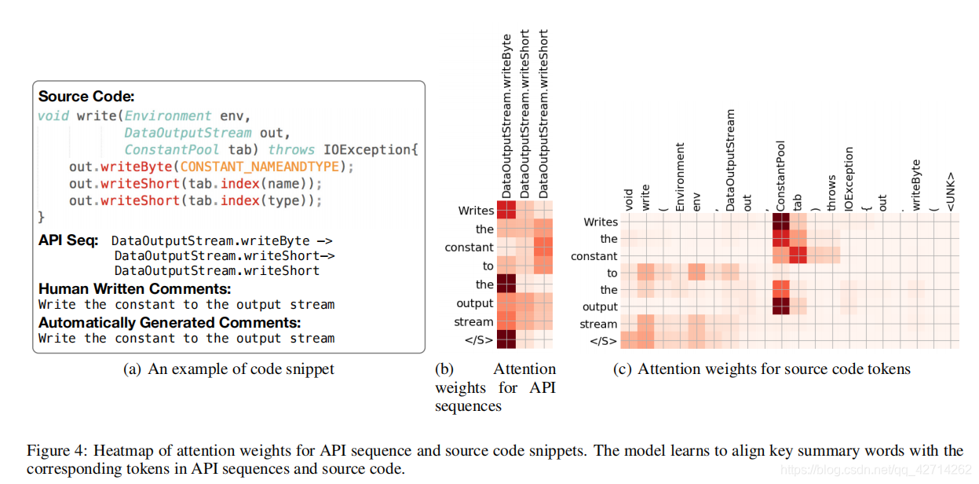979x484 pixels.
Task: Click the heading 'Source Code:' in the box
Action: [86, 97]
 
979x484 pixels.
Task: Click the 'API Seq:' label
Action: [68, 240]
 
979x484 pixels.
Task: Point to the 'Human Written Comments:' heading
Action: [134, 288]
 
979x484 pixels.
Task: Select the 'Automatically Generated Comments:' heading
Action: [169, 322]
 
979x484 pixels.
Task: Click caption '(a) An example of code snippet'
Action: [228, 369]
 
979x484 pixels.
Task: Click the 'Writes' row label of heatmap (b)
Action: [476, 211]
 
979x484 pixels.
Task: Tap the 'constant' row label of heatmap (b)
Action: [469, 247]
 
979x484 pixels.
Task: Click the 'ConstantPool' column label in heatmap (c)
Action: [780, 175]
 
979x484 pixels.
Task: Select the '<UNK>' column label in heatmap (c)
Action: [951, 191]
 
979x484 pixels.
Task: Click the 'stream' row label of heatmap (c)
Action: [598, 324]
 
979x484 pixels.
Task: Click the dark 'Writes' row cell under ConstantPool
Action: [780, 222]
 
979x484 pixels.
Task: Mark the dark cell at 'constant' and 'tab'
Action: [798, 256]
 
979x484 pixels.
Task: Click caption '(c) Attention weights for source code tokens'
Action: [762, 369]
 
